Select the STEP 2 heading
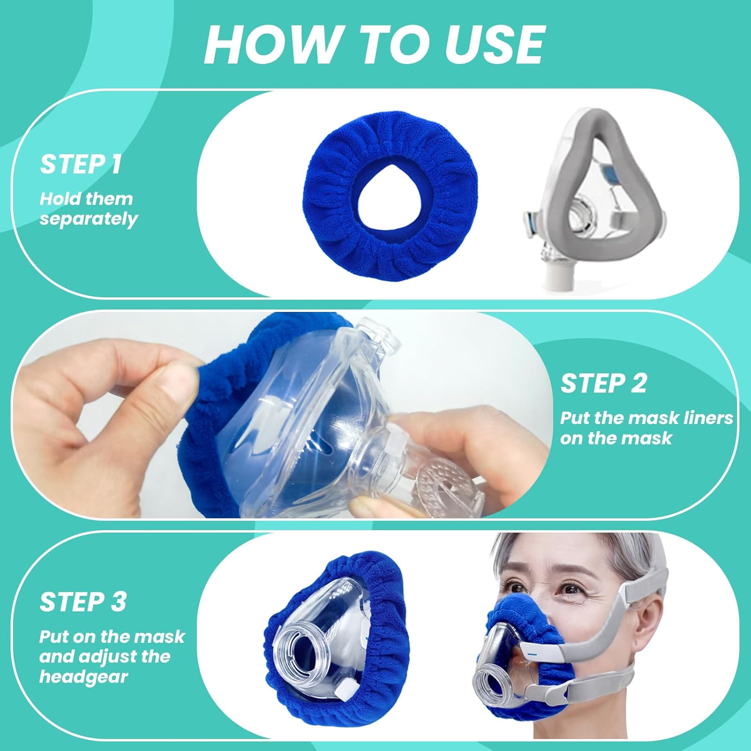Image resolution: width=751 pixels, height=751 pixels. (603, 384)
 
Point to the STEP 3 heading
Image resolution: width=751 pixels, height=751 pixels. (83, 602)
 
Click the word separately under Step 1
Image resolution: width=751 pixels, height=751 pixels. (89, 219)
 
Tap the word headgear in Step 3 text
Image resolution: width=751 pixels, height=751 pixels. (84, 677)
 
